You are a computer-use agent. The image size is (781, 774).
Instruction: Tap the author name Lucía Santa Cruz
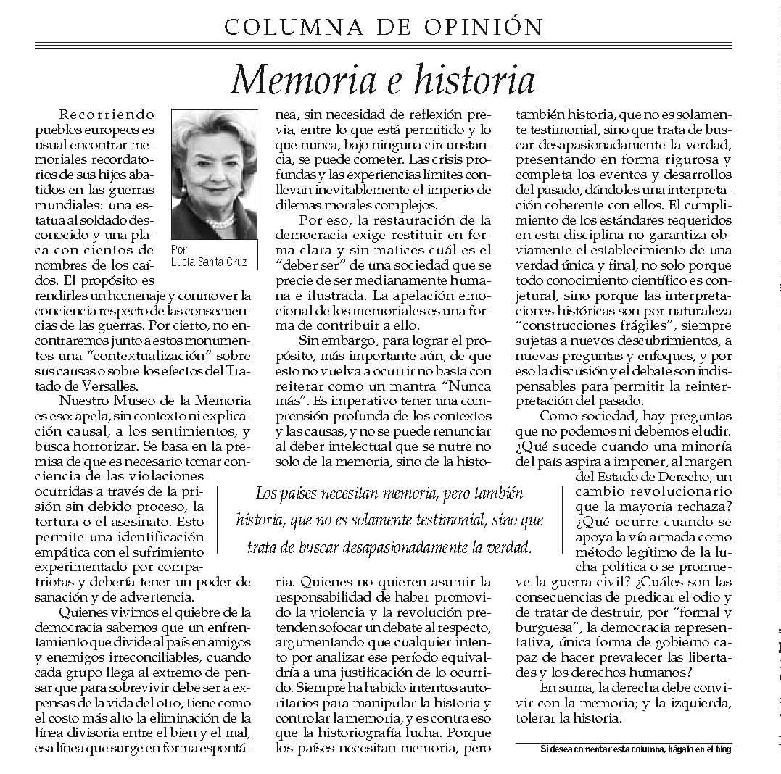point(213,262)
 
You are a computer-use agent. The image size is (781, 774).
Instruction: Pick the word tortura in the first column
point(61,520)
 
